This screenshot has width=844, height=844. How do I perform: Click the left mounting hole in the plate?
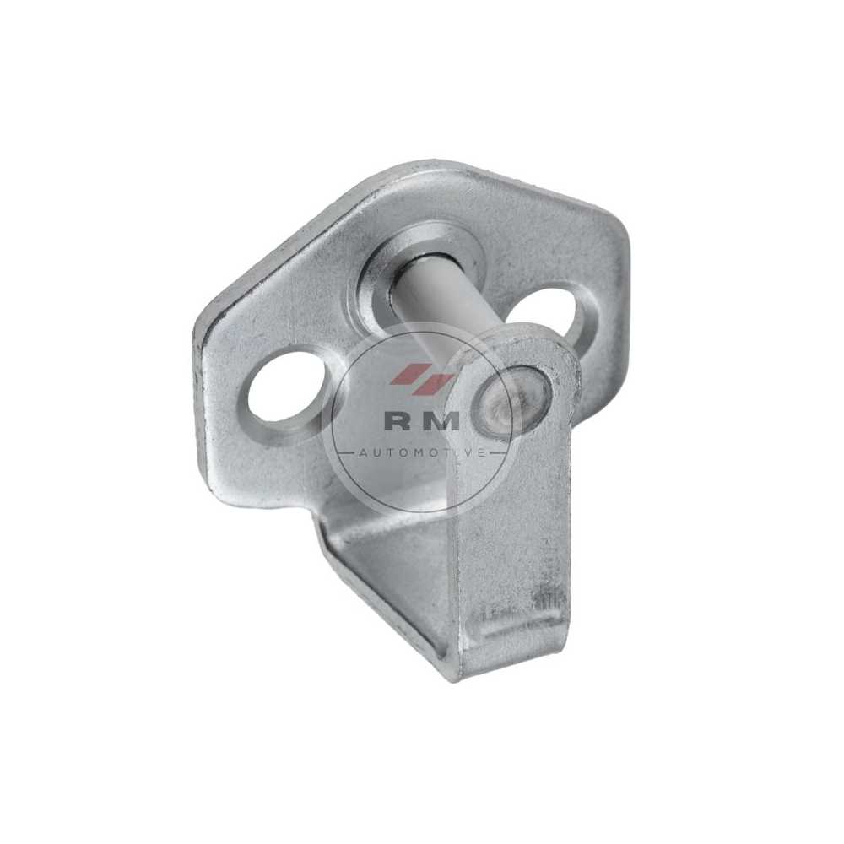pos(285,389)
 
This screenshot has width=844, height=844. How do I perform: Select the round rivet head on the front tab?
pos(511,400)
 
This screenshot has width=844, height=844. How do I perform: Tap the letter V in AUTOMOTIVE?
pos(466,453)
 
